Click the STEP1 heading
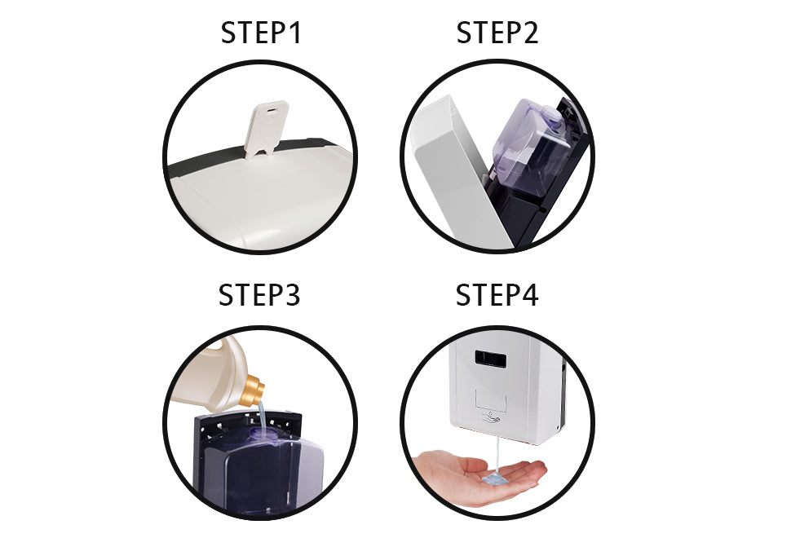click(x=261, y=33)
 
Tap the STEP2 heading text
click(x=497, y=33)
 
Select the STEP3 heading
click(x=259, y=295)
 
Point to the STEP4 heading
click(x=497, y=295)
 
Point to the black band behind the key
click(x=204, y=162)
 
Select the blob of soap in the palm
click(x=495, y=479)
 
